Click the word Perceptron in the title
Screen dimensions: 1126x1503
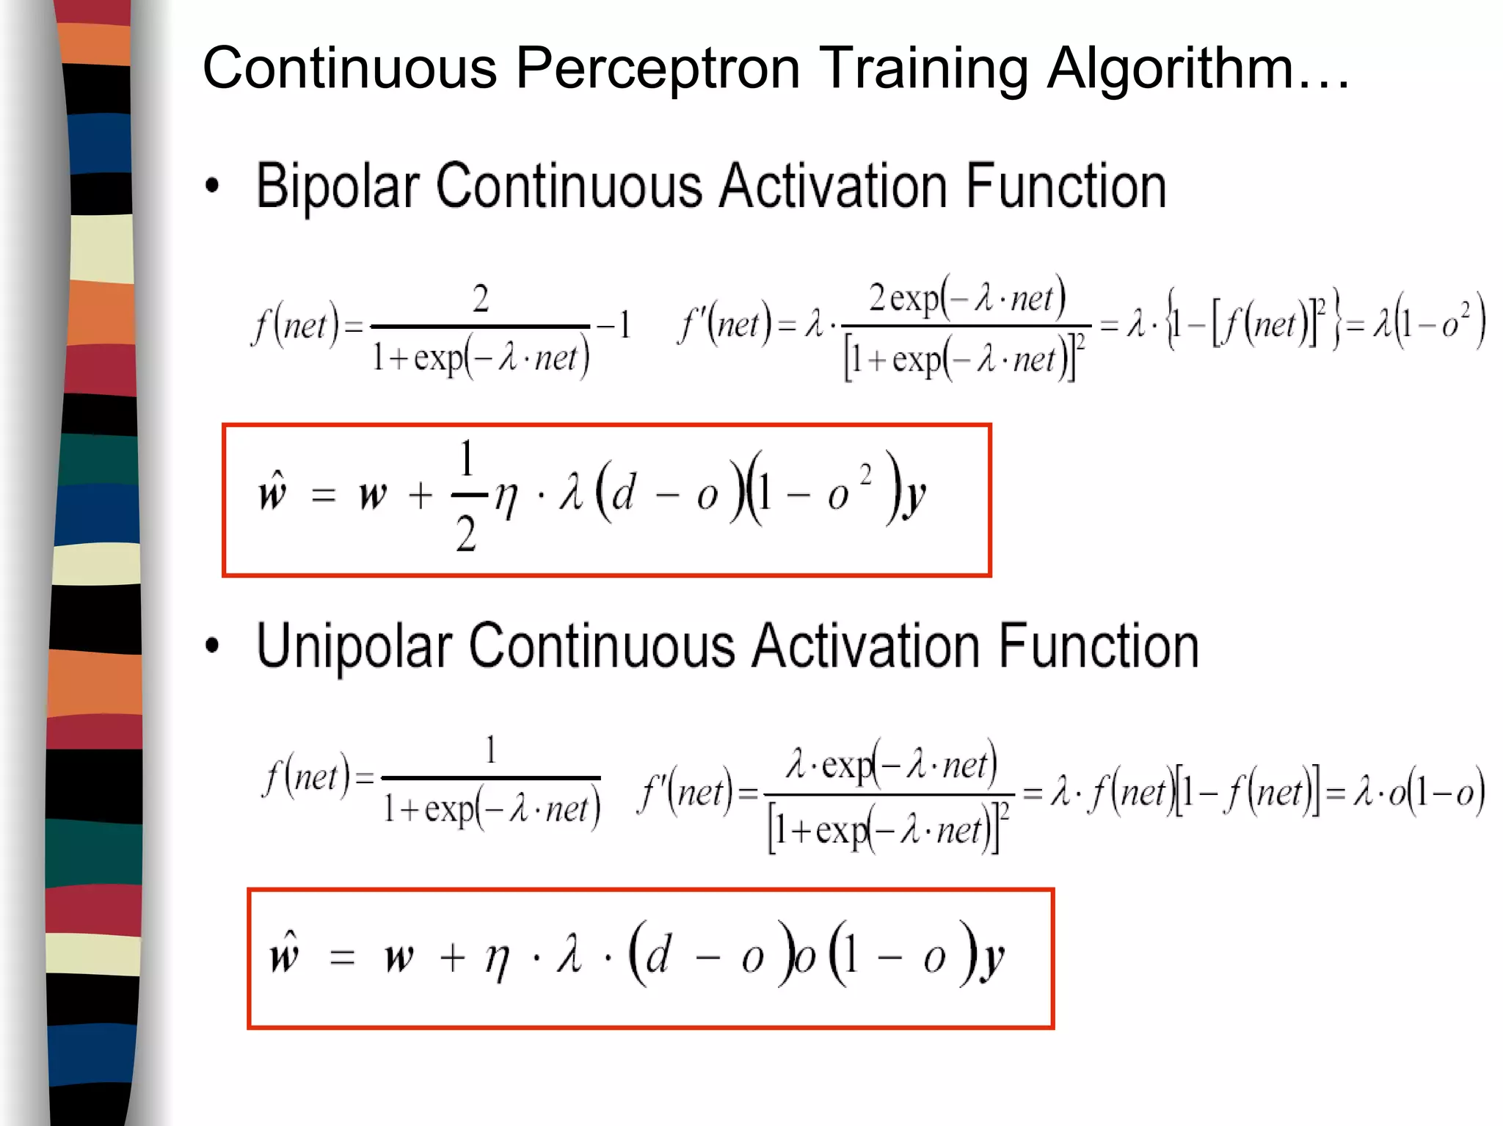pyautogui.click(x=657, y=68)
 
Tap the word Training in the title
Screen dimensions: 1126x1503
pyautogui.click(x=922, y=68)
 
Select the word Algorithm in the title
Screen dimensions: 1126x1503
pyautogui.click(x=1170, y=68)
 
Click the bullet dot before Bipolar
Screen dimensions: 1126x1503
pyautogui.click(x=212, y=186)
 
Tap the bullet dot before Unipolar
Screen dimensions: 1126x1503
pyautogui.click(x=212, y=646)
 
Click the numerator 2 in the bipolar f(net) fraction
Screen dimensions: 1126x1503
pyautogui.click(x=481, y=299)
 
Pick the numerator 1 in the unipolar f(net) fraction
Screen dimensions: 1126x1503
pyautogui.click(x=491, y=750)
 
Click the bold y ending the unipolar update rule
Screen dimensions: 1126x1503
pyautogui.click(x=993, y=959)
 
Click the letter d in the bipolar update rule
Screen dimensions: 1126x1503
pyautogui.click(x=623, y=493)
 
